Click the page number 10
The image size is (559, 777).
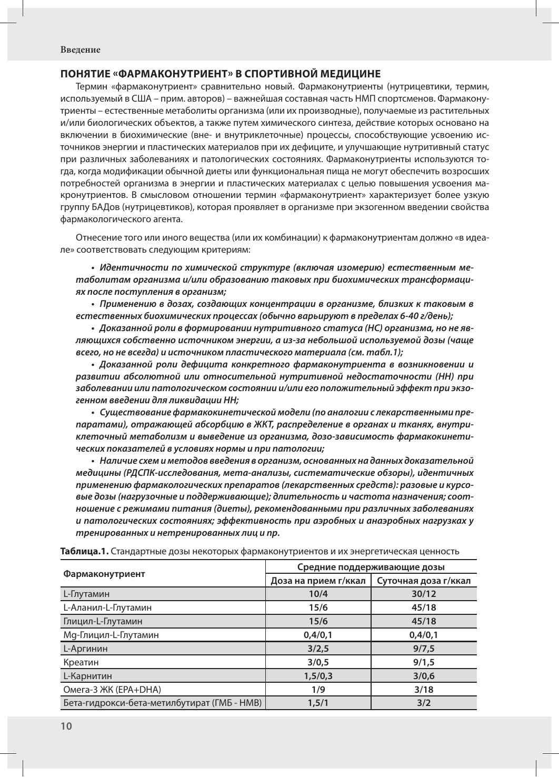[x=66, y=726]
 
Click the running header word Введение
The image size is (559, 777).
[x=80, y=50]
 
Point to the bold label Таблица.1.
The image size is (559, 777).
[x=85, y=551]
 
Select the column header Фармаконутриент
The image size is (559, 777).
[x=104, y=573]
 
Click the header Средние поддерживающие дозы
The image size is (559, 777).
[x=371, y=567]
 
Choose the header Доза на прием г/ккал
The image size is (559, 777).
[x=318, y=581]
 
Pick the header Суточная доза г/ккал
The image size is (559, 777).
[x=424, y=581]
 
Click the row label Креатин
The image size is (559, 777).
[x=81, y=662]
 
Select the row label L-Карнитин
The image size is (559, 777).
[x=87, y=676]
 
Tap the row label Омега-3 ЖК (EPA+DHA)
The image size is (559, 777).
[x=112, y=690]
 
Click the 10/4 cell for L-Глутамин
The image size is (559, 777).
[x=318, y=594]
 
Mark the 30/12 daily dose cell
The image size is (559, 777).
[x=424, y=594]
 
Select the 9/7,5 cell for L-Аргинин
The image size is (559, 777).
[x=424, y=649]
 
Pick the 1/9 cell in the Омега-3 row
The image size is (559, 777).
[x=318, y=690]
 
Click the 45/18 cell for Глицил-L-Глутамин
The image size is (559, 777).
[x=424, y=621]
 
